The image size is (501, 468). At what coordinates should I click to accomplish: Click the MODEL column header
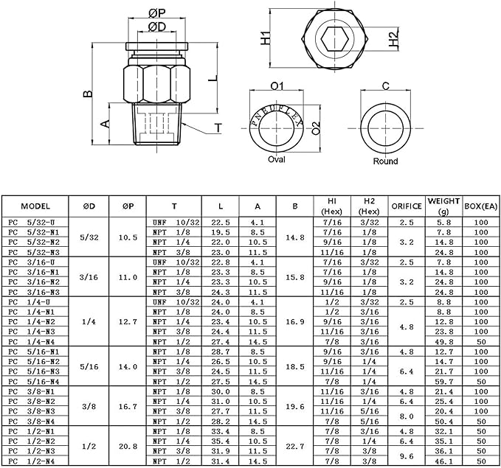[35, 206]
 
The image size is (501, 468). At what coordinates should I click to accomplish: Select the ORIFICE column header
[406, 206]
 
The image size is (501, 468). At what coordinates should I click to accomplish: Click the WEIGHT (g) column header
[443, 206]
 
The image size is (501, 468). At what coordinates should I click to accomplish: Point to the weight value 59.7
[443, 382]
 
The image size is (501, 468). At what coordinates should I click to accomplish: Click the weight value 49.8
[443, 341]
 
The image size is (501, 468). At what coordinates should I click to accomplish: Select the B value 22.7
[294, 446]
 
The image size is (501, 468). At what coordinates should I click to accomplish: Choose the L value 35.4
[221, 441]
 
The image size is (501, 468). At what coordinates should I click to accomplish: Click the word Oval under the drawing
[277, 159]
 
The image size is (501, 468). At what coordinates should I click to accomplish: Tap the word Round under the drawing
[385, 161]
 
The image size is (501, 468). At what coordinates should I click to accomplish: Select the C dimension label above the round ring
[385, 86]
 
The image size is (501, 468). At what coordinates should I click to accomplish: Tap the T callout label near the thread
[218, 128]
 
